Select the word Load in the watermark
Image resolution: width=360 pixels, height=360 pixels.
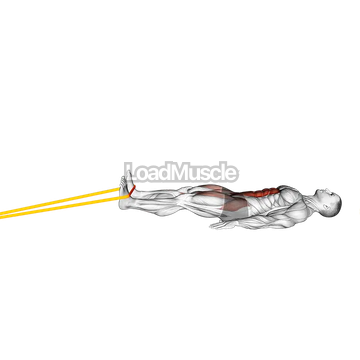[x=148, y=173]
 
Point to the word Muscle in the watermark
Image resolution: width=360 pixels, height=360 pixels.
[x=204, y=173]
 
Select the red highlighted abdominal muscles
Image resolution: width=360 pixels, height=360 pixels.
[x=261, y=195]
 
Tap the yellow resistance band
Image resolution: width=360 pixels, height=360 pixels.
[x=60, y=206]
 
